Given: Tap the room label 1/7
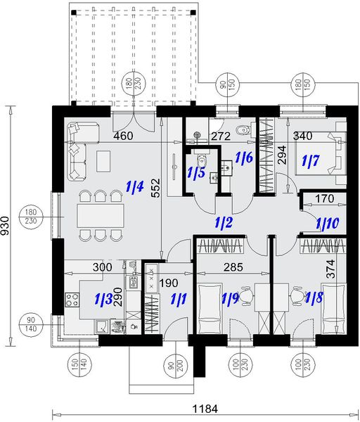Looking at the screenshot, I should [x=310, y=162].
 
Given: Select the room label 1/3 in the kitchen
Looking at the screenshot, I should [x=103, y=300].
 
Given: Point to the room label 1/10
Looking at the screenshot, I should [x=327, y=224].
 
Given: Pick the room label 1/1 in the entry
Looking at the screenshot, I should [x=179, y=299].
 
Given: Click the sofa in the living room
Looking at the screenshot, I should [x=76, y=149].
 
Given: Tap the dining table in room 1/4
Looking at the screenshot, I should [x=97, y=214].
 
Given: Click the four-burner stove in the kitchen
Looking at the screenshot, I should [x=72, y=300].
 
